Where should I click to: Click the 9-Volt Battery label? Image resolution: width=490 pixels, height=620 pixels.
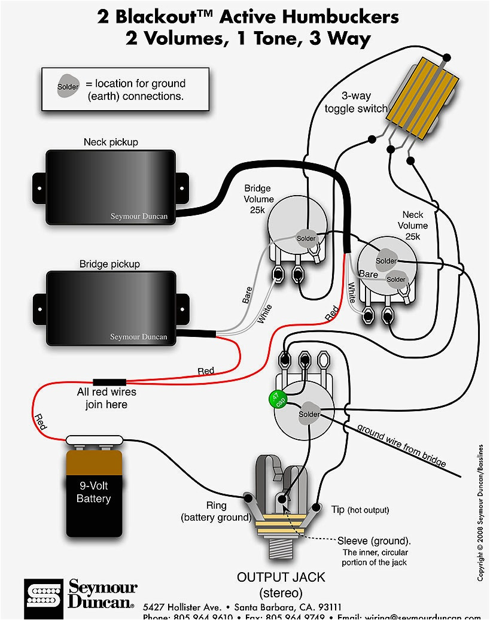(93, 491)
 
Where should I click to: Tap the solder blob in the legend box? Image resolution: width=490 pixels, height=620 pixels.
(68, 87)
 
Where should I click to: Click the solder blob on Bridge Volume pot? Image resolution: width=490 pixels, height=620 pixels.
(306, 238)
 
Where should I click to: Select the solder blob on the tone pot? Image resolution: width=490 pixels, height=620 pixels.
(309, 414)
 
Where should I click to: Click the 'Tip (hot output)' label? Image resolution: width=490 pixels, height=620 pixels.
(360, 510)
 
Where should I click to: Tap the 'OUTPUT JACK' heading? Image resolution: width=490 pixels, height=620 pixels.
(281, 578)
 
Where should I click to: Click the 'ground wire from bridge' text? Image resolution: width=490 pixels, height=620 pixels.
(401, 445)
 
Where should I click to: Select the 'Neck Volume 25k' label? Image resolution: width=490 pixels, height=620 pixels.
(412, 225)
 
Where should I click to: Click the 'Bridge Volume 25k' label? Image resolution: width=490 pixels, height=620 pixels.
(258, 199)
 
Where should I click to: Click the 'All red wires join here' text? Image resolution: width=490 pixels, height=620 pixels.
(106, 398)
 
